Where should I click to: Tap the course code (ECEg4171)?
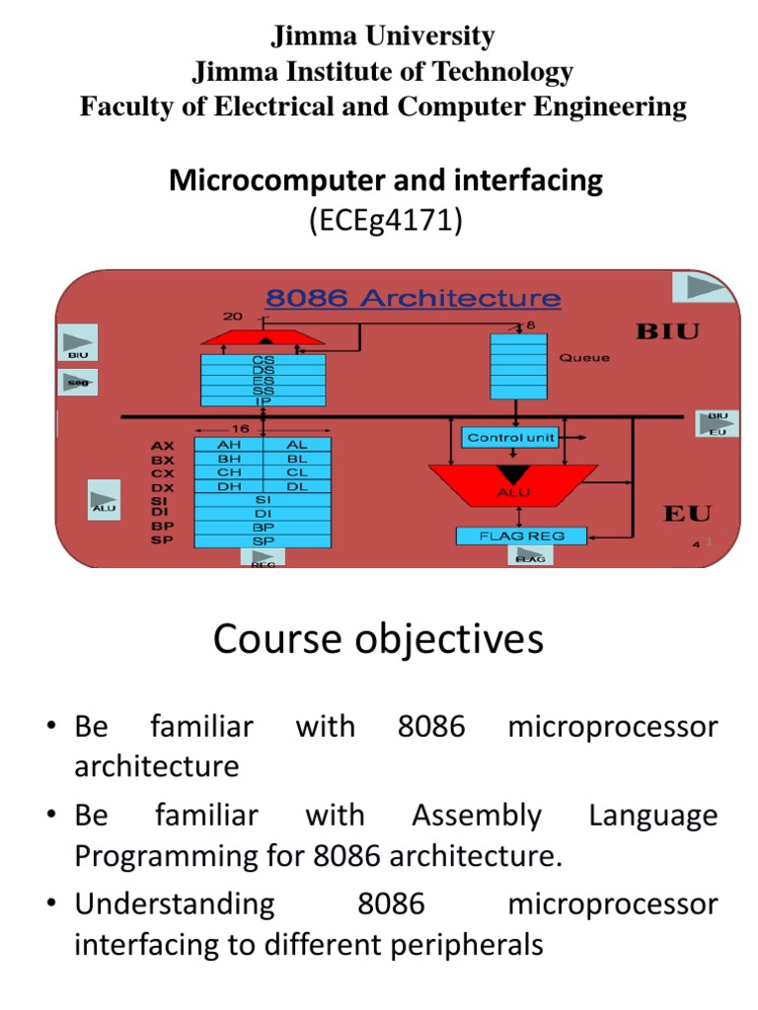[386, 222]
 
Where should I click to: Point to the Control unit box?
[509, 437]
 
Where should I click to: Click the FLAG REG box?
[521, 536]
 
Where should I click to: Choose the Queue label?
[584, 358]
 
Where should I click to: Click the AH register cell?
[228, 445]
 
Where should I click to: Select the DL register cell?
[296, 486]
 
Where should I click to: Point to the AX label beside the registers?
[163, 446]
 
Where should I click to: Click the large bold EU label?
[687, 512]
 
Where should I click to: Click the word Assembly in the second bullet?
[476, 816]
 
